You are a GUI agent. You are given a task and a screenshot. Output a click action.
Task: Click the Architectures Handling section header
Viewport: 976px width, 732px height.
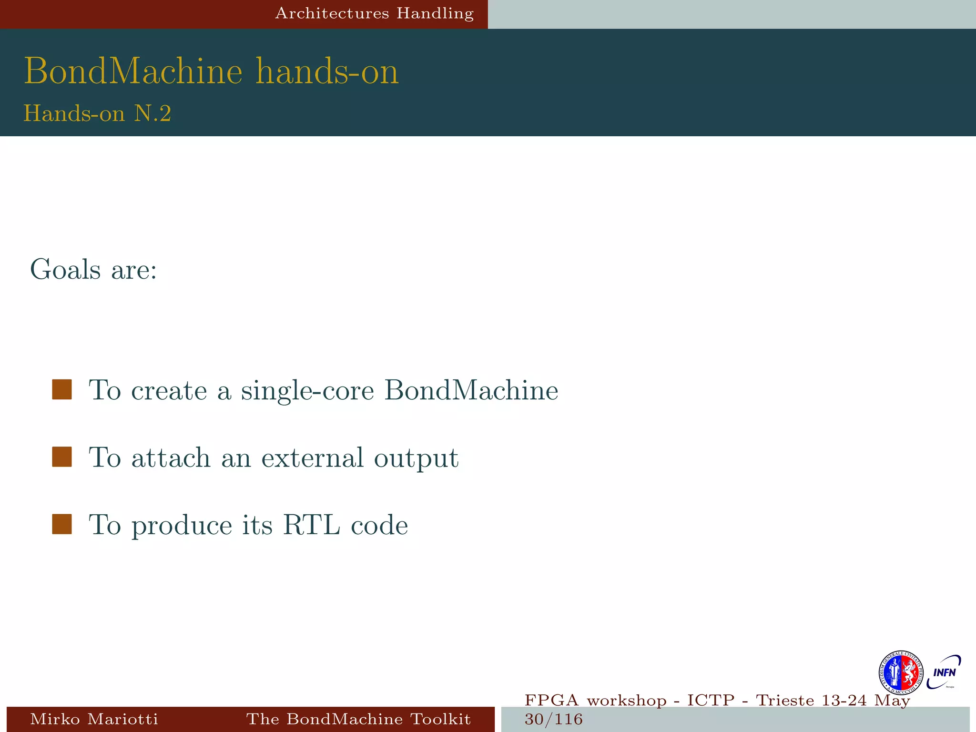point(374,13)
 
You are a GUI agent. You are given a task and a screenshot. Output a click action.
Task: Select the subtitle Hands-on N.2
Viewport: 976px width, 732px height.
point(97,113)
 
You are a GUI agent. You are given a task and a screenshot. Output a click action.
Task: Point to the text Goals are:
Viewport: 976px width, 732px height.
point(93,270)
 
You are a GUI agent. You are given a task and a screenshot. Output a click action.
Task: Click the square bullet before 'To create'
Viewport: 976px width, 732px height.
point(62,389)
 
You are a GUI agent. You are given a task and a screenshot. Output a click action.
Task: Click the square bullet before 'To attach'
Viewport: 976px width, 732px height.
point(62,457)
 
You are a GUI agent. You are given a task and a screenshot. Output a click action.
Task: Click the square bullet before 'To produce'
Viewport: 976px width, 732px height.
point(62,524)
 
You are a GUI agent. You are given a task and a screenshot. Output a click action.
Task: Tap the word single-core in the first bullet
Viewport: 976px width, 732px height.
point(307,391)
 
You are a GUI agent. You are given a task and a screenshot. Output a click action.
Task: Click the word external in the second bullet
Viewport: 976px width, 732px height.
point(313,457)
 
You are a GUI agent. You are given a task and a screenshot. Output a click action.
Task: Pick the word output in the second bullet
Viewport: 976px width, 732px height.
point(416,458)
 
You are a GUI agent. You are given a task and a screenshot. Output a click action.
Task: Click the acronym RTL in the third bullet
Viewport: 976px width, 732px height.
point(312,525)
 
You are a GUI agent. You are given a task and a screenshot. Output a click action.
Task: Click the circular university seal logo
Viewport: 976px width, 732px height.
point(900,673)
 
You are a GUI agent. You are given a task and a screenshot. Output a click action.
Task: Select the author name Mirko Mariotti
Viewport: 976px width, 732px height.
point(94,719)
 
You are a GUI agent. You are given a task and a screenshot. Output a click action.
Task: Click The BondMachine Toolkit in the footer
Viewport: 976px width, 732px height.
point(358,719)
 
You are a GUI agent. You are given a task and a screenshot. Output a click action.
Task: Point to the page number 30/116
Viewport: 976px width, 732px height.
point(553,719)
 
